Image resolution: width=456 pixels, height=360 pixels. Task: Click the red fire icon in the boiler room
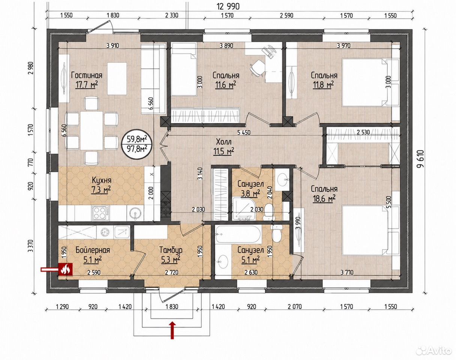tap(66, 269)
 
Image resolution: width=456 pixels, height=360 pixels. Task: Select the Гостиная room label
tap(87, 75)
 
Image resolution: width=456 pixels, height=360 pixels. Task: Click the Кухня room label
tap(102, 180)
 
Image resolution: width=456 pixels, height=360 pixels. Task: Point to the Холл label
tap(224, 141)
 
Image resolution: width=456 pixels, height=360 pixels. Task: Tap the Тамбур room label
tap(171, 250)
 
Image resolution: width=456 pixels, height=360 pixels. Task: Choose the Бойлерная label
tap(93, 250)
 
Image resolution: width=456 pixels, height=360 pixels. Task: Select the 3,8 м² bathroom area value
tap(250, 193)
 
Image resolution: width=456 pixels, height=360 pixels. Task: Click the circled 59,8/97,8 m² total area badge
tap(138, 144)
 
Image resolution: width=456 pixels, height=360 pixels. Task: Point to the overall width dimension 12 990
tap(228, 6)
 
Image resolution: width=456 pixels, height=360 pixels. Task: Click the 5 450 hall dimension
tap(244, 133)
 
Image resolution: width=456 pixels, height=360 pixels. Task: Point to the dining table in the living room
tap(92, 130)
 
